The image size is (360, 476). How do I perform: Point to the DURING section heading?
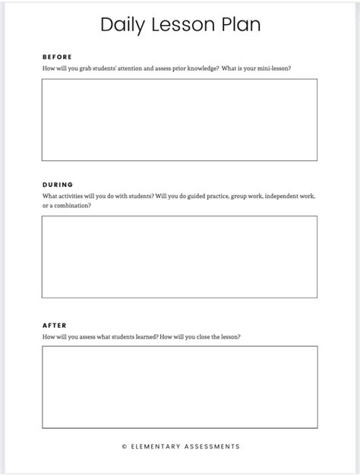[58, 184]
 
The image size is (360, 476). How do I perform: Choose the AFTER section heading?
[55, 326]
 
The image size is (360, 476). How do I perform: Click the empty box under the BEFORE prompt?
[179, 119]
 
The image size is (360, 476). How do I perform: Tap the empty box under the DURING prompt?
[179, 257]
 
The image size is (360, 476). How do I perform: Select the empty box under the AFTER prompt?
[179, 387]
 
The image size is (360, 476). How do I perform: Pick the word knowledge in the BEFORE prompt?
[204, 68]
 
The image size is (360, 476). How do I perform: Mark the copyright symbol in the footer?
[125, 447]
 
